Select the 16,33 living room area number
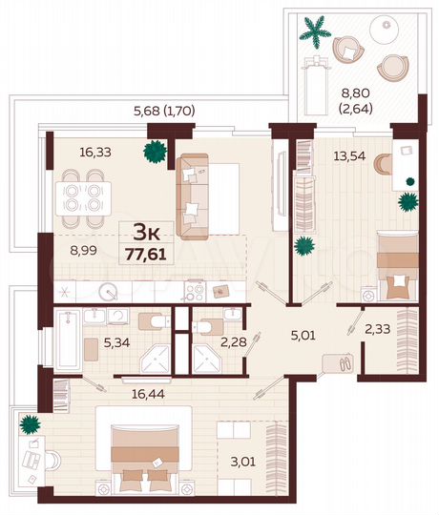[95, 152]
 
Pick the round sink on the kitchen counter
[112, 292]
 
